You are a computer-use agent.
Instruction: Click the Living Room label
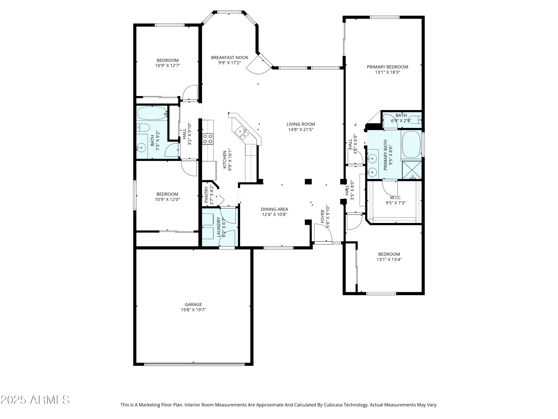[x=301, y=124]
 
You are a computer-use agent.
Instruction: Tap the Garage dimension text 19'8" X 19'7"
[x=193, y=310]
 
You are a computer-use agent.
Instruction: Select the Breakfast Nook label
[x=230, y=58]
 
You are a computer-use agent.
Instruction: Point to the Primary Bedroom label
[x=387, y=67]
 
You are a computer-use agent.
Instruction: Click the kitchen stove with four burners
[x=208, y=139]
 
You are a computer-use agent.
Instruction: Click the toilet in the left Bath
[x=143, y=128]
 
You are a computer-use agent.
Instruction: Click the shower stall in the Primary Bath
[x=411, y=170]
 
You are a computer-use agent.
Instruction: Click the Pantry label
[x=206, y=195]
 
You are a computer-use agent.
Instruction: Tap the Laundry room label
[x=219, y=227]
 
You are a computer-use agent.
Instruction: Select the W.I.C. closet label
[x=396, y=198]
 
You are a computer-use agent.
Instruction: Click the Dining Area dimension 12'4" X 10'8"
[x=275, y=214]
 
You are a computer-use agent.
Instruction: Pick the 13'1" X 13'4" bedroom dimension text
[x=389, y=259]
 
